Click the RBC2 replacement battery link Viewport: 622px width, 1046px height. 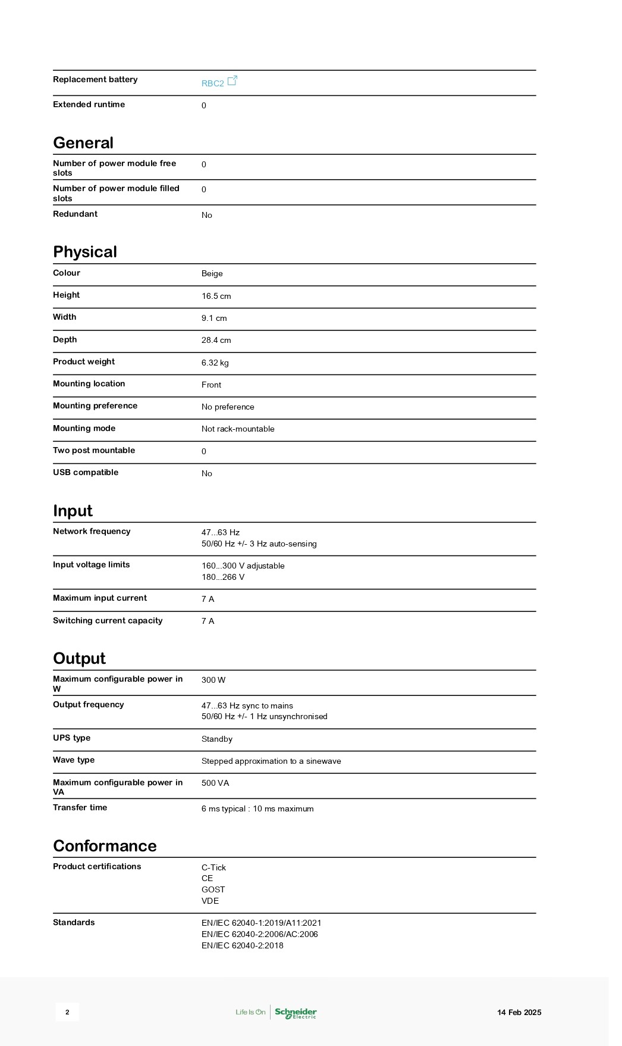tap(212, 83)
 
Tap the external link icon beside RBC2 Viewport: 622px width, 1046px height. tap(233, 80)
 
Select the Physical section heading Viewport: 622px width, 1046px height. tap(85, 252)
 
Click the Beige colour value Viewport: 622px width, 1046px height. tap(212, 274)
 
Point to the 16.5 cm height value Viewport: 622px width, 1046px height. tap(216, 296)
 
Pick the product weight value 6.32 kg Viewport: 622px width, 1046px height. tap(215, 363)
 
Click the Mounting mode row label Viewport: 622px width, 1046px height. tap(84, 428)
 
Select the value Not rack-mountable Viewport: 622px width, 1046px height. tap(238, 429)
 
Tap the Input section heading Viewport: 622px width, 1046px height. tap(73, 511)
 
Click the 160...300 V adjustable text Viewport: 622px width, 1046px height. tap(243, 566)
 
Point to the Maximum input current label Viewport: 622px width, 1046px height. tap(100, 598)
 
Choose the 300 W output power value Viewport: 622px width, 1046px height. tap(213, 680)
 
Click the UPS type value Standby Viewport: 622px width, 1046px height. tap(216, 739)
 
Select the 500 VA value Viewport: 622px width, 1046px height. tap(215, 783)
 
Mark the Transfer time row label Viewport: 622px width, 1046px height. tap(80, 807)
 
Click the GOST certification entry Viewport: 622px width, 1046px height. tap(213, 889)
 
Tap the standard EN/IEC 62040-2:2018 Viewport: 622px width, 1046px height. tap(242, 945)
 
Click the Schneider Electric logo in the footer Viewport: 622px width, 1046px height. tap(296, 1012)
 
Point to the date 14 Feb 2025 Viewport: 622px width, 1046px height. tap(519, 1012)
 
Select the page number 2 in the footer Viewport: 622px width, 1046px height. tap(67, 1012)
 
